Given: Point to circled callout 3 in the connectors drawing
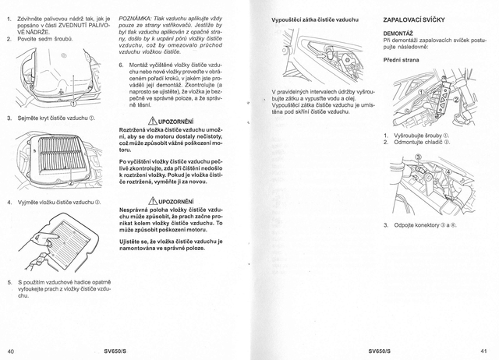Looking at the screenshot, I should click(x=416, y=158).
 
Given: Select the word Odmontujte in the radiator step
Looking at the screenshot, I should click(x=410, y=143).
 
